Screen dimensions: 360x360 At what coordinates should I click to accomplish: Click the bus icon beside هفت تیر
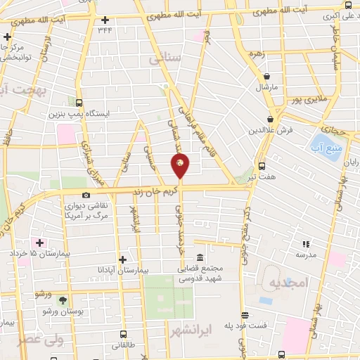click(262, 167)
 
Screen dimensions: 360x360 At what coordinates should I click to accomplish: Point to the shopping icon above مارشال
click(267, 77)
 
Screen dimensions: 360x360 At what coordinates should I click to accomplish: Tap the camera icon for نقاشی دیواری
click(86, 195)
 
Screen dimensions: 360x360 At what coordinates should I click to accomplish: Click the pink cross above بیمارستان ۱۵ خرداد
click(41, 242)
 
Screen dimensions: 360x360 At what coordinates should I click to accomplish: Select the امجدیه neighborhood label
click(284, 283)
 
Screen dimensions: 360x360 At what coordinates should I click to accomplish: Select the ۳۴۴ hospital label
click(105, 29)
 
